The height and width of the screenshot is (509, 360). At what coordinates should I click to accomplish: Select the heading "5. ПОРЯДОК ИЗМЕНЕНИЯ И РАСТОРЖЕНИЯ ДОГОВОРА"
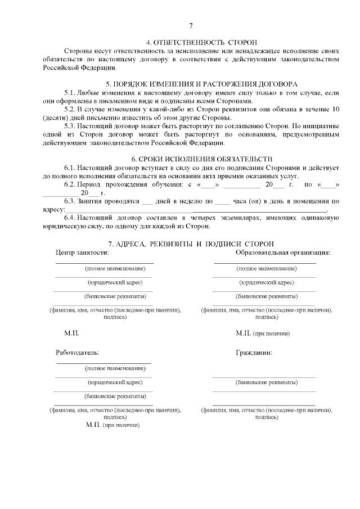(201, 84)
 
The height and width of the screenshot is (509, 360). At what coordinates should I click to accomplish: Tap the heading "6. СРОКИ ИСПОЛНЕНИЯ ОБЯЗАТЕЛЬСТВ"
(201, 159)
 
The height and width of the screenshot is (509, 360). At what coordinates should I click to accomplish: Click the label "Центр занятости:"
(82, 253)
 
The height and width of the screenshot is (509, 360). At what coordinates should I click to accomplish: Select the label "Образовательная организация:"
(283, 253)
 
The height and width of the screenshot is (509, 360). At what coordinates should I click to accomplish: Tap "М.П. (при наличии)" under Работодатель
(113, 425)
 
